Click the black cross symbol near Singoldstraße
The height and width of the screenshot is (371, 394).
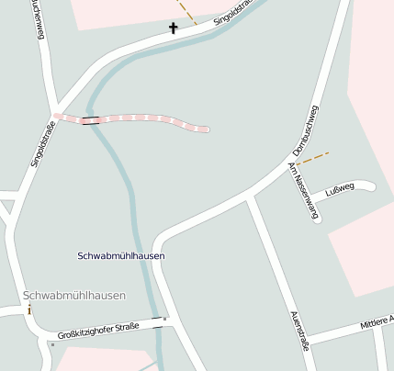click(173, 28)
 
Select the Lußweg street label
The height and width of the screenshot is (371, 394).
click(340, 192)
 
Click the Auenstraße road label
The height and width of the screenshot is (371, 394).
click(298, 331)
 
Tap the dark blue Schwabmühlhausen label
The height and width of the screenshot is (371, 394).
click(121, 255)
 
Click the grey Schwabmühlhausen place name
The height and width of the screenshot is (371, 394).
click(74, 296)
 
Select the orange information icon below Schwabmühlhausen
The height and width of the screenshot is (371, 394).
click(29, 309)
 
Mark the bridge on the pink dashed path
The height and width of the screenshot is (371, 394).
click(90, 120)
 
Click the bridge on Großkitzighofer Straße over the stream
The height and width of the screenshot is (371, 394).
click(160, 322)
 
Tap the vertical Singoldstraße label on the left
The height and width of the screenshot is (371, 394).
click(38, 145)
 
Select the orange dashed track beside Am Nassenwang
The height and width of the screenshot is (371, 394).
click(313, 158)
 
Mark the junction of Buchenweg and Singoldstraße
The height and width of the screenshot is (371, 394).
click(55, 109)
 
